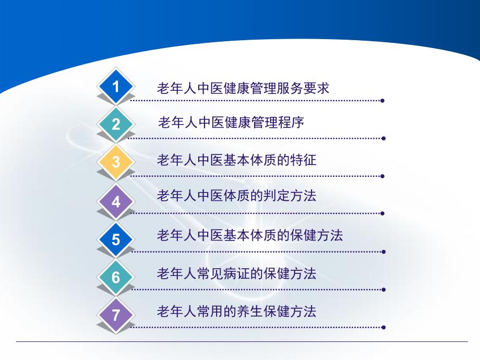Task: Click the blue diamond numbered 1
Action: point(116,87)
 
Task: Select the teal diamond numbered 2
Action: point(116,124)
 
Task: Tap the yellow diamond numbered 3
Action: point(116,162)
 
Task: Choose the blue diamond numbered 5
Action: point(116,239)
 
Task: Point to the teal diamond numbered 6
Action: point(116,277)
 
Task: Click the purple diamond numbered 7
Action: point(116,315)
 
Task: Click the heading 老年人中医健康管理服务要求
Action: point(243,88)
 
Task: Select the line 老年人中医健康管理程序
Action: point(231,123)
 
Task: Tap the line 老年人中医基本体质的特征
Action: point(237,160)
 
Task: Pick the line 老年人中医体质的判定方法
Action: point(237,196)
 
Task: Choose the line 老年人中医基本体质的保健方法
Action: point(250,235)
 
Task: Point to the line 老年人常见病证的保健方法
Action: point(237,273)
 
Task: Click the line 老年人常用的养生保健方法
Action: point(237,312)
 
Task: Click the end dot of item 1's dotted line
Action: point(383,101)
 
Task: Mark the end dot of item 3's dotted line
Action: point(383,176)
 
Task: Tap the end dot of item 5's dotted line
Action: point(383,251)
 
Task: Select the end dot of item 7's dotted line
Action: point(383,327)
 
